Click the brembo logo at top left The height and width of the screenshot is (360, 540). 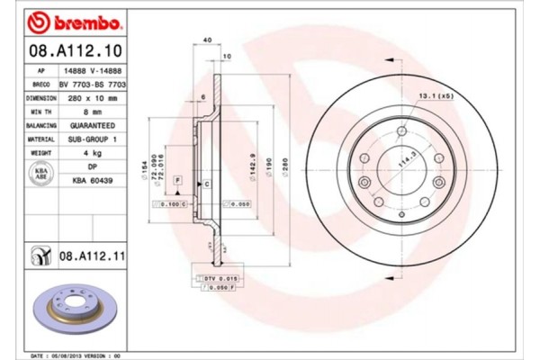tap(59, 21)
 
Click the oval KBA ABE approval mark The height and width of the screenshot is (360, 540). tap(40, 174)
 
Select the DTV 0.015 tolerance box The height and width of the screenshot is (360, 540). tap(216, 280)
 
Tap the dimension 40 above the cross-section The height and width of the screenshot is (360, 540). tap(207, 41)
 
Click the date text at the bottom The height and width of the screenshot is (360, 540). tap(76, 355)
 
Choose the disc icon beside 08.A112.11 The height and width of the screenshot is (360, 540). tap(40, 258)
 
